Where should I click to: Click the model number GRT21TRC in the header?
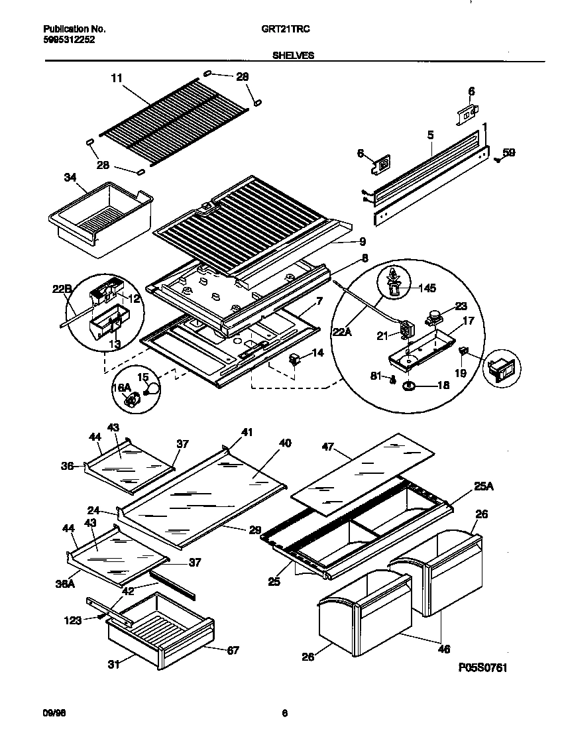pos(292,29)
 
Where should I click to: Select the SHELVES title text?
pos(293,56)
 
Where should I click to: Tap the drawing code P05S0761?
pos(483,667)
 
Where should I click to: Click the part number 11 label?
pos(117,78)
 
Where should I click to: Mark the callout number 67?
pos(233,650)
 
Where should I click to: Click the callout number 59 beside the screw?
pos(508,152)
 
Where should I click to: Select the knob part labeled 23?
pos(435,319)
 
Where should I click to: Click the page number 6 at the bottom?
pos(284,713)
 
